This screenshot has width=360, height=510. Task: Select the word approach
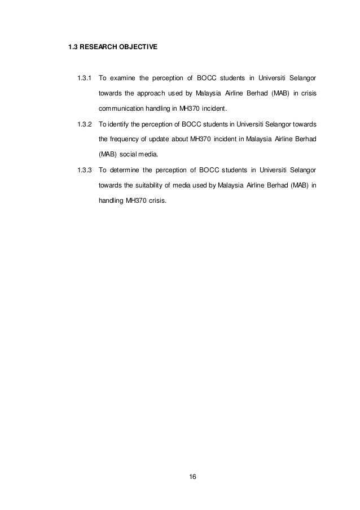tap(150, 93)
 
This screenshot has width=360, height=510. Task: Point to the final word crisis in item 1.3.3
tap(157, 201)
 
